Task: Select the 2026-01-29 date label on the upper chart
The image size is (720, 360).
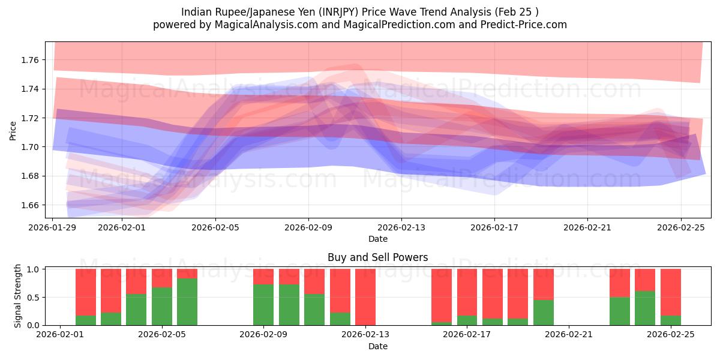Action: click(x=53, y=228)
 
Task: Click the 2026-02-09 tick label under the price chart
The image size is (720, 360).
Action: click(x=308, y=228)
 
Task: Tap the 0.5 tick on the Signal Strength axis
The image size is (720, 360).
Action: click(x=32, y=298)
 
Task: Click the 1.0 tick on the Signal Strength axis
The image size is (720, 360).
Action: click(x=32, y=269)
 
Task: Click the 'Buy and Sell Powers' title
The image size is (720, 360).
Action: click(x=377, y=257)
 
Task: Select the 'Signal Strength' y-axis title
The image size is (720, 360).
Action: click(x=18, y=296)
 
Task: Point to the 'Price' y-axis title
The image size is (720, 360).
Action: click(x=13, y=130)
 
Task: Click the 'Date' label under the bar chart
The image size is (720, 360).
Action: click(x=377, y=346)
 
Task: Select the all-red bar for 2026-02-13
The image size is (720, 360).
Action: click(x=365, y=297)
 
